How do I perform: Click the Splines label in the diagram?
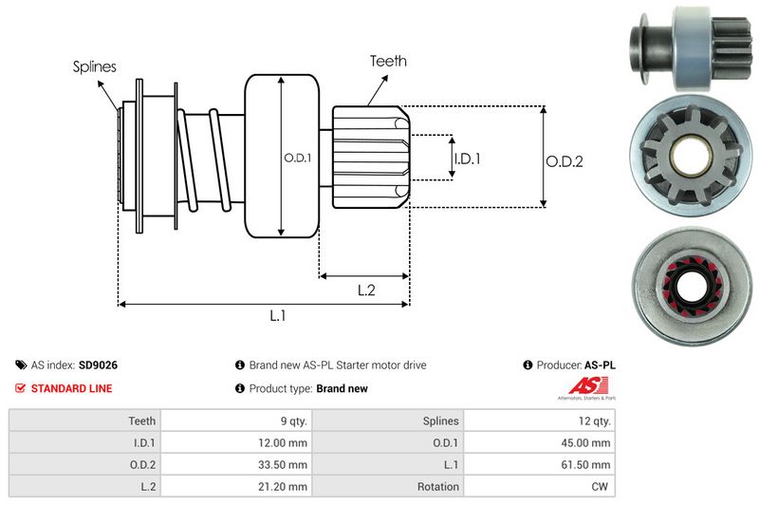94,67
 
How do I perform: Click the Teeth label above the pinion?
388,61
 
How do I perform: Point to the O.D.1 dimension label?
297,158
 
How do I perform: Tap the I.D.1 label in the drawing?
467,159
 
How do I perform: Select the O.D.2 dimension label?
564,161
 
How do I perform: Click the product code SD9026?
98,365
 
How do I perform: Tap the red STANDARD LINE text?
71,388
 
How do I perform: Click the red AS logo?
581,385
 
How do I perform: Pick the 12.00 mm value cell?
285,442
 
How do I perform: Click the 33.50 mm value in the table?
285,465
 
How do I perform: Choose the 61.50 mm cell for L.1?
589,465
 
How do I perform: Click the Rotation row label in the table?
436,487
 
